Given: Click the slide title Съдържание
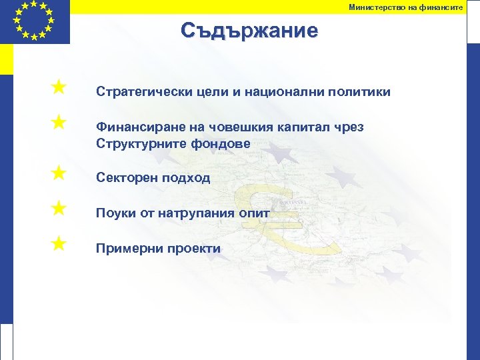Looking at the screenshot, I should tap(249, 31).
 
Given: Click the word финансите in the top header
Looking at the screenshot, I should tap(443, 7).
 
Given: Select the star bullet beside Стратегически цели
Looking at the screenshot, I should tap(59, 87).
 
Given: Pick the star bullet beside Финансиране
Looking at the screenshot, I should tap(59, 122).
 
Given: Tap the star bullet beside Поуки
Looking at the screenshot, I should tap(59, 209).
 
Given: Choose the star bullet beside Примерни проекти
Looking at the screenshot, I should tap(59, 244).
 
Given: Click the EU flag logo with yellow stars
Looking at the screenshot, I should tap(34, 21).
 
